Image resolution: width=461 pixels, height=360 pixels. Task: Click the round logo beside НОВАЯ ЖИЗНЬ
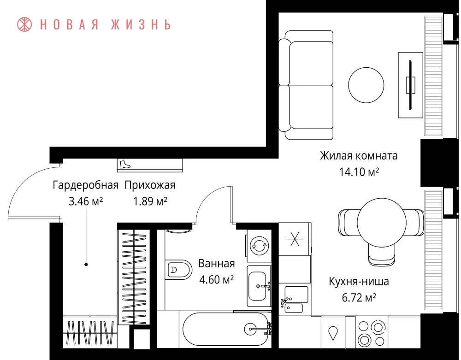click(x=24, y=24)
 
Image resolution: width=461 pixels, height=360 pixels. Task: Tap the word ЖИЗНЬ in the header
click(x=141, y=25)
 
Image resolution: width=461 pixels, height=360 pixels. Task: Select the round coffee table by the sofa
click(x=366, y=85)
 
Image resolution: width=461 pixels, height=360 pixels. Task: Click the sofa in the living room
click(x=306, y=85)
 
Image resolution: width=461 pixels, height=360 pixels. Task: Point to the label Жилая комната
click(x=359, y=155)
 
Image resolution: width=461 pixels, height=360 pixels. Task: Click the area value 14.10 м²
click(x=359, y=171)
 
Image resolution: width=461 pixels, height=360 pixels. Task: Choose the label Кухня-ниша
click(x=359, y=282)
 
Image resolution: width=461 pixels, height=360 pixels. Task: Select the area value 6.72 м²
click(x=359, y=298)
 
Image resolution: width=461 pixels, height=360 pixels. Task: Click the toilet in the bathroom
click(x=178, y=270)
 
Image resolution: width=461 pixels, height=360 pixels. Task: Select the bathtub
click(x=226, y=329)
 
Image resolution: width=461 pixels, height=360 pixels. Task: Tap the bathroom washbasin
click(x=259, y=286)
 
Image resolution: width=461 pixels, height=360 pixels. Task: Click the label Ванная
click(x=217, y=263)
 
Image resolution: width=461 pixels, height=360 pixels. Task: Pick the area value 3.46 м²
click(x=86, y=201)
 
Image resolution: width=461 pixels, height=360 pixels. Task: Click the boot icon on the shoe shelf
click(x=124, y=164)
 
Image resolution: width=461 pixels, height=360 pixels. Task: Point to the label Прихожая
click(x=150, y=185)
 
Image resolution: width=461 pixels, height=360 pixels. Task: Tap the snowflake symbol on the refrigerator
click(x=295, y=239)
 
